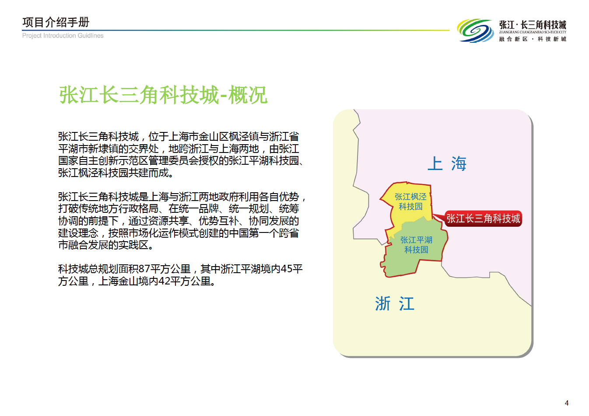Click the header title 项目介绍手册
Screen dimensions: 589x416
(56, 22)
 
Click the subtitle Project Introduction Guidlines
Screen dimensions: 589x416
(63, 35)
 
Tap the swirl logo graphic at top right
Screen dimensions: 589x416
(475, 31)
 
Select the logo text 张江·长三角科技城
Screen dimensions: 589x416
(533, 25)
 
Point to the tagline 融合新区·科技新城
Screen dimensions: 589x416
(533, 39)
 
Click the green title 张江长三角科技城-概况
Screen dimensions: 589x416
(163, 95)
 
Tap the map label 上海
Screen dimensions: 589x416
(447, 163)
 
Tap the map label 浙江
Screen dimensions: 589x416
(395, 303)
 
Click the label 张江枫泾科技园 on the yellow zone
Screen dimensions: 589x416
(410, 201)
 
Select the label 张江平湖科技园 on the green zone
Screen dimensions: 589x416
(416, 245)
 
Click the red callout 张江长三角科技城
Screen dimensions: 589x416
(483, 218)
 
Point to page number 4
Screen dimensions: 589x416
(567, 403)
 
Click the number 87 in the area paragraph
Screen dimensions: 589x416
(144, 269)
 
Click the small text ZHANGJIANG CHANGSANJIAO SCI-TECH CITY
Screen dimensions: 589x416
(533, 32)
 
